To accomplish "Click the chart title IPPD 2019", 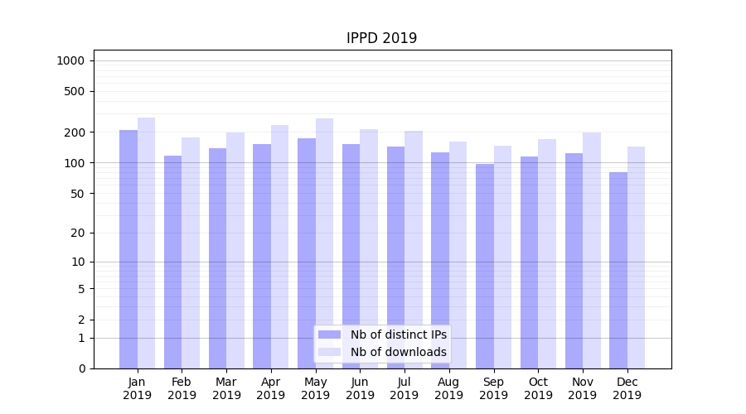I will (381, 38).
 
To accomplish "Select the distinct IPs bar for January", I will (128, 248).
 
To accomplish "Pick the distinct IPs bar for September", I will (485, 266).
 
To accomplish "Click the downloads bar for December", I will (636, 258).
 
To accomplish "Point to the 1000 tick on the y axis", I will (70, 60).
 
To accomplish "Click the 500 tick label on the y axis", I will (74, 91).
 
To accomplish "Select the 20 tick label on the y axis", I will (77, 233).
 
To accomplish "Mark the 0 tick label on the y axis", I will (81, 368).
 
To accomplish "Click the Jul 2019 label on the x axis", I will (404, 388).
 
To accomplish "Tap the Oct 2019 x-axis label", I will (538, 388).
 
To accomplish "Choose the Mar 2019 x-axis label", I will (226, 388).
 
